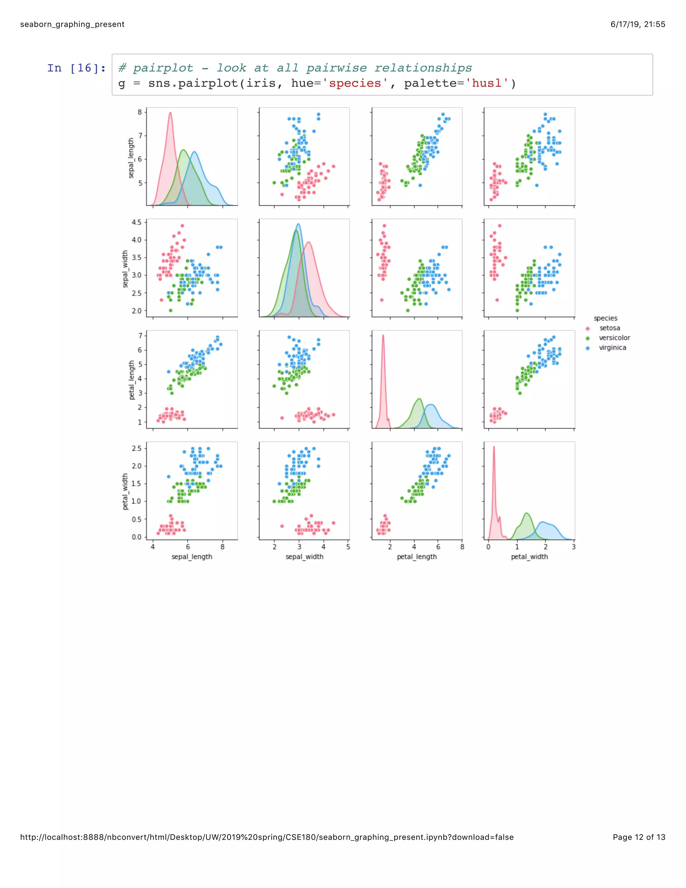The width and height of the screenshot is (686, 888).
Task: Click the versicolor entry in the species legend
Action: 614,338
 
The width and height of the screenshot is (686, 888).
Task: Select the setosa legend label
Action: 610,328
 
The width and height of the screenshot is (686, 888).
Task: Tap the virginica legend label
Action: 612,347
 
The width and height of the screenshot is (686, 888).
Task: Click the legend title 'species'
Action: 605,318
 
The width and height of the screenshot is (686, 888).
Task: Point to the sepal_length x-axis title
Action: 192,557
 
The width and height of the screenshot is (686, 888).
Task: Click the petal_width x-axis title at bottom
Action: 529,557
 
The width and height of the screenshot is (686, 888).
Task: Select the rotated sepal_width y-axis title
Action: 125,269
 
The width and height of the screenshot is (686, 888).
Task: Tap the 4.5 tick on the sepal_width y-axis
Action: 137,223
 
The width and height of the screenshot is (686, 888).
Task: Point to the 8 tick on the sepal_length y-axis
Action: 140,112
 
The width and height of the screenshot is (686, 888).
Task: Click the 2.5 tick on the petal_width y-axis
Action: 137,448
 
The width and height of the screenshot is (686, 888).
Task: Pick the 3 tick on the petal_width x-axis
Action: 573,547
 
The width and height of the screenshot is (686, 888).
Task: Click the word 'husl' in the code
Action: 487,83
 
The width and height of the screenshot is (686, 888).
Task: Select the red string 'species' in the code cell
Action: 355,83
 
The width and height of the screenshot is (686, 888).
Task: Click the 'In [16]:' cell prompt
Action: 76,68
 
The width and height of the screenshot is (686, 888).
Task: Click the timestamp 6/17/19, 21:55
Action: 638,24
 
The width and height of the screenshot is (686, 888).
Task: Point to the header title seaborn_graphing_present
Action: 72,24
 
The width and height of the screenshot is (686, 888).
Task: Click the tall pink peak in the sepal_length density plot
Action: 170,114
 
